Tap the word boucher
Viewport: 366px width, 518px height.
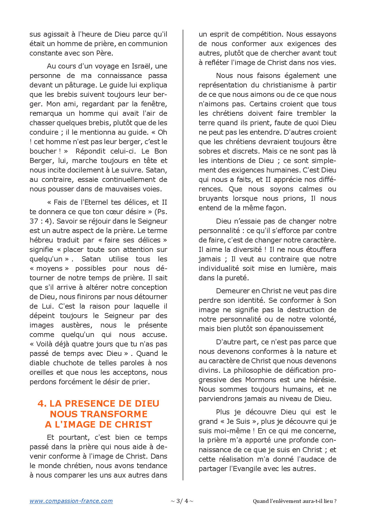pos(43,151)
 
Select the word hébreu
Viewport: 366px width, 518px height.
pos(41,240)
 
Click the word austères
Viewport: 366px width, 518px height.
pos(77,325)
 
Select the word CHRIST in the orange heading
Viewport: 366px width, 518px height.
pos(133,424)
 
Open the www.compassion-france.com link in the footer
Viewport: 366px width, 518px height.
pos(71,501)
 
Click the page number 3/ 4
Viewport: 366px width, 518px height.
pos(182,501)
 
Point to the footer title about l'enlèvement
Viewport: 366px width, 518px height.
pos(295,501)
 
